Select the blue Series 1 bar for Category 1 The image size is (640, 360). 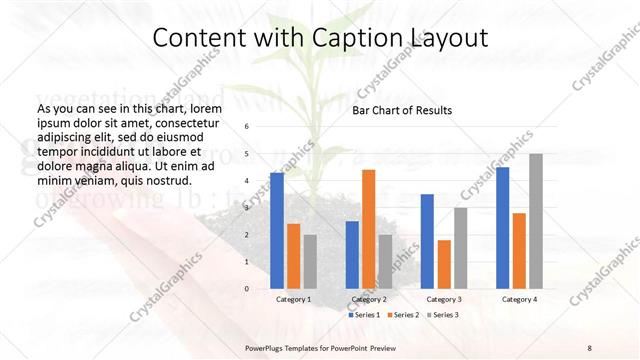277,230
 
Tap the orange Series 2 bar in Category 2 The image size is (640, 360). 368,229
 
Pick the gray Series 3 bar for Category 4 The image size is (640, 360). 536,221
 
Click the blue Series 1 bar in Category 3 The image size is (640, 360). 427,241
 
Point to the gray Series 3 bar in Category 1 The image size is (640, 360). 310,261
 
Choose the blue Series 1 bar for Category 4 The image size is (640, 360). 503,227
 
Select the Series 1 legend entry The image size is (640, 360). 364,315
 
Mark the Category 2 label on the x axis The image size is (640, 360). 368,299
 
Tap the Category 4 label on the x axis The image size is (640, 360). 519,299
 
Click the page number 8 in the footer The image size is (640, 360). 589,347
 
